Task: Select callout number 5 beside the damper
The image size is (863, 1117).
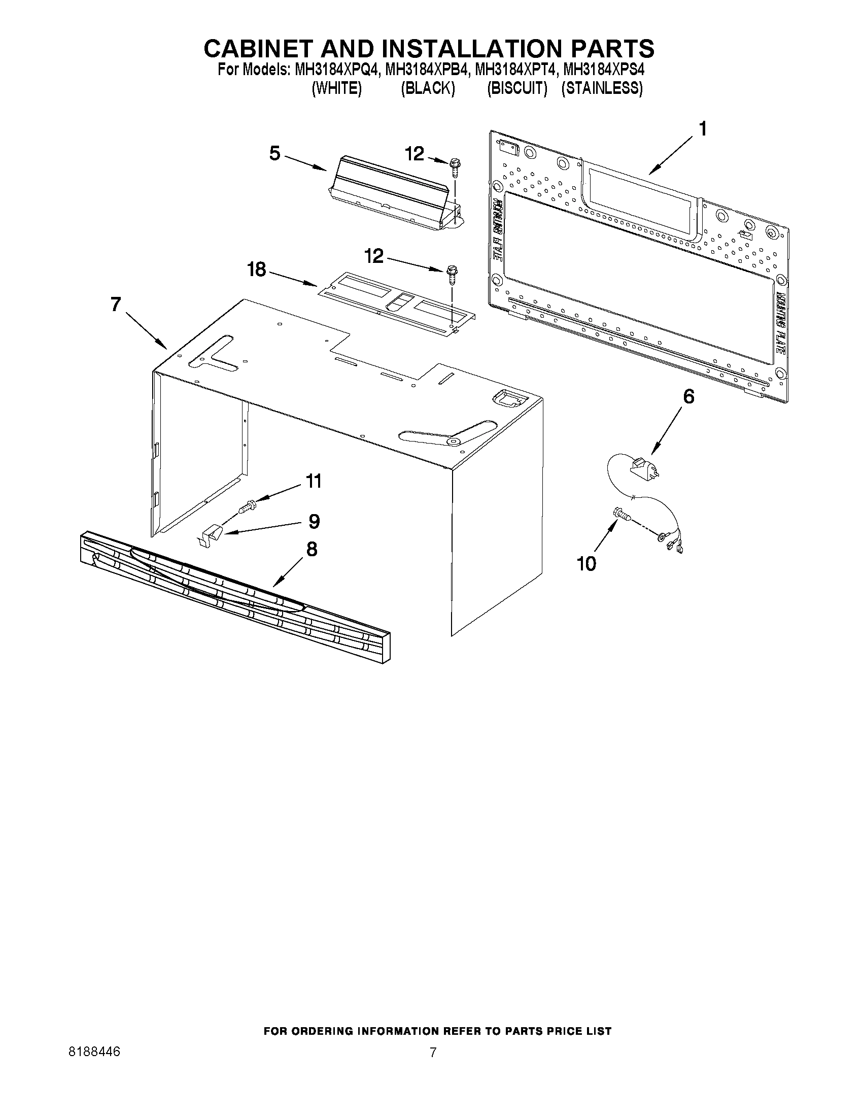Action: click(275, 153)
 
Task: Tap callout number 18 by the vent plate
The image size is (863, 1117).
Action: click(257, 269)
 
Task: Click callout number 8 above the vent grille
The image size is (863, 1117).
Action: click(312, 549)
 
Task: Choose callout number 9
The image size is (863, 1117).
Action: click(314, 521)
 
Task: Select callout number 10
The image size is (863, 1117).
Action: click(586, 564)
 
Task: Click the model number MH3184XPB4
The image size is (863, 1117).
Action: click(427, 69)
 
